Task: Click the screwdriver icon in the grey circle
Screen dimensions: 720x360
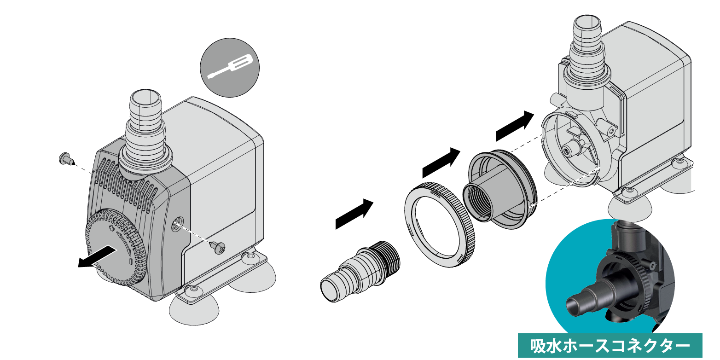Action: point(230,67)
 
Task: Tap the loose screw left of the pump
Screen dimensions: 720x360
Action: point(67,158)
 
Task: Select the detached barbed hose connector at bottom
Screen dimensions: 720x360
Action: point(360,271)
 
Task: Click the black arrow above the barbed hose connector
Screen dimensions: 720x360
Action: point(354,214)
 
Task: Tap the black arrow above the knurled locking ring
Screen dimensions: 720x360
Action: point(441,163)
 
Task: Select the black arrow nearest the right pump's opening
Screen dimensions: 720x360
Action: point(515,126)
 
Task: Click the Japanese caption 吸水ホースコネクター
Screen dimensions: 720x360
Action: point(610,346)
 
